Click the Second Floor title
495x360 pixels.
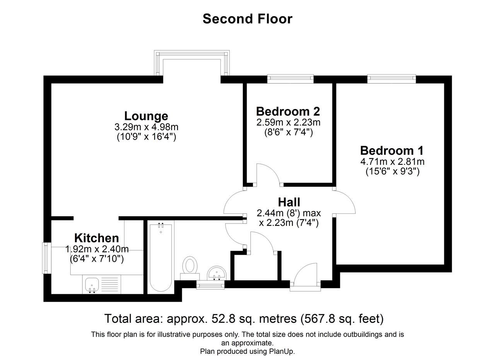pyautogui.click(x=247, y=19)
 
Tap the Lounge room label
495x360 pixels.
pyautogui.click(x=146, y=116)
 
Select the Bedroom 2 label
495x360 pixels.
pyautogui.click(x=288, y=111)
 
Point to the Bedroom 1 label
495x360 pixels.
pyautogui.click(x=392, y=150)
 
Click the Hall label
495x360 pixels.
pyautogui.click(x=289, y=202)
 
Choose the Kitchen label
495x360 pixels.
pyautogui.click(x=96, y=238)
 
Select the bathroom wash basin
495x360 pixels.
pyautogui.click(x=217, y=273)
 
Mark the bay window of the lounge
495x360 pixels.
pyautogui.click(x=192, y=62)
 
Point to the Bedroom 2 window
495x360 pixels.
pyautogui.click(x=290, y=79)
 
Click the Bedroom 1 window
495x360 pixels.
pyautogui.click(x=391, y=79)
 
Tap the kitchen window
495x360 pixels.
pyautogui.click(x=46, y=258)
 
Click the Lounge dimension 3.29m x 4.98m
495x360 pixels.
pyautogui.click(x=146, y=127)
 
